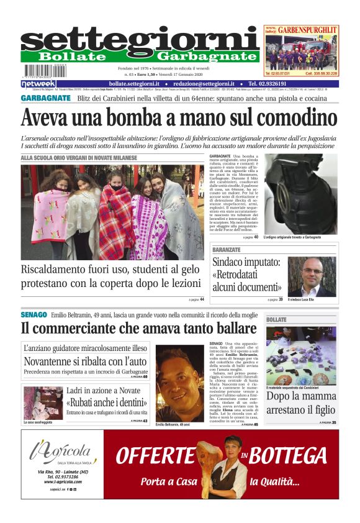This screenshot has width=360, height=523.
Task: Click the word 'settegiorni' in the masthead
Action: [x=140, y=39]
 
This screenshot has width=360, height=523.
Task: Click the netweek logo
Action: [x=39, y=83]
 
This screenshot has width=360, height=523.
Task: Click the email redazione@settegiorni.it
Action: [x=204, y=83]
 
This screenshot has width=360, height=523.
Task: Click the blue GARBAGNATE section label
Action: [x=45, y=98]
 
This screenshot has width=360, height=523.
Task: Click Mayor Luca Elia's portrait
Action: [x=311, y=276]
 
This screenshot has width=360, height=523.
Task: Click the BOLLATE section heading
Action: [x=277, y=320]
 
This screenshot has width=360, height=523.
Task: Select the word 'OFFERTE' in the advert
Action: [x=155, y=456]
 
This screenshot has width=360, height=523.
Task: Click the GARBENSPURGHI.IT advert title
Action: [x=307, y=29]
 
